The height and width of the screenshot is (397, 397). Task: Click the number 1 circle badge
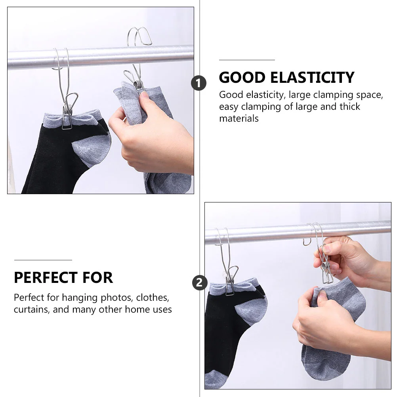[198, 83]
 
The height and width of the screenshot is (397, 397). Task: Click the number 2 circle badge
[200, 282]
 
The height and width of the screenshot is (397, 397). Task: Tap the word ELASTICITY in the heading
[312, 78]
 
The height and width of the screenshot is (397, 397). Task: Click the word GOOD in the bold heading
[242, 78]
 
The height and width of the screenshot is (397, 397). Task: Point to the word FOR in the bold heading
[97, 277]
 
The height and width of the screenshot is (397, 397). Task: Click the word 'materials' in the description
[239, 118]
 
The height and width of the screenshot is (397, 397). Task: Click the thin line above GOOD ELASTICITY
[247, 60]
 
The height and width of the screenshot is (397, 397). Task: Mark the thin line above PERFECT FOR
[43, 260]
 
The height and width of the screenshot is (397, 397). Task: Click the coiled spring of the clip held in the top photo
[137, 84]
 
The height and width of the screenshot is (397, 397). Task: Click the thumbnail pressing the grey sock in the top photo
[145, 95]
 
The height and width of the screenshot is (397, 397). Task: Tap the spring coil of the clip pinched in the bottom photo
[324, 266]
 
